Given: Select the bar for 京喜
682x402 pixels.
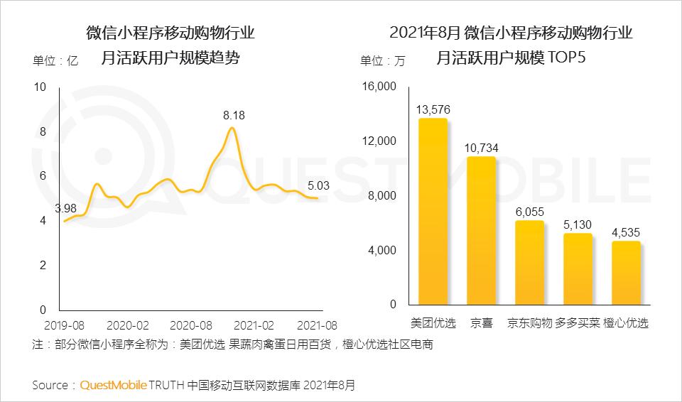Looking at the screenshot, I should pyautogui.click(x=481, y=231).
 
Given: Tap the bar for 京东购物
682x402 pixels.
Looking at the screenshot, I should pyautogui.click(x=529, y=263).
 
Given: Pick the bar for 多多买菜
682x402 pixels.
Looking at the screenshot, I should pyautogui.click(x=578, y=269).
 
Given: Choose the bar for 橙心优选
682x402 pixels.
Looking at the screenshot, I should pyautogui.click(x=626, y=273).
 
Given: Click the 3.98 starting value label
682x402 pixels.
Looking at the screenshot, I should pyautogui.click(x=66, y=207).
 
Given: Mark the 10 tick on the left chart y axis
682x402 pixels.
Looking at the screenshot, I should pyautogui.click(x=40, y=87).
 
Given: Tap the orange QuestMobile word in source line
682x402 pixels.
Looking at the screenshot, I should pyautogui.click(x=113, y=385).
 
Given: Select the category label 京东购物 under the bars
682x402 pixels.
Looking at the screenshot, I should pyautogui.click(x=529, y=323).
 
